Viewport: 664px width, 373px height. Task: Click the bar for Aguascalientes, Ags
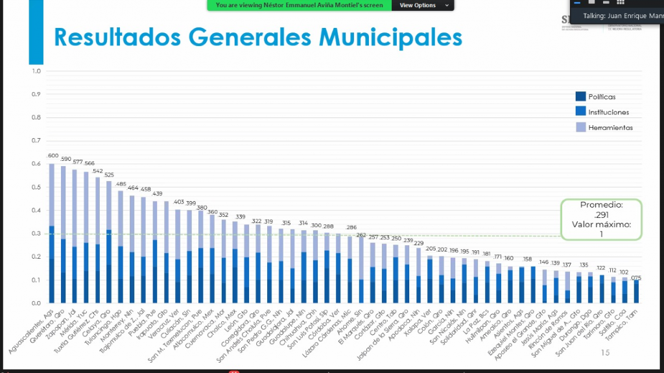coord(52,234)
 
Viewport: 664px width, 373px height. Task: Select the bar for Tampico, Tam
coord(636,291)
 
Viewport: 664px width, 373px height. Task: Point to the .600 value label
coord(53,156)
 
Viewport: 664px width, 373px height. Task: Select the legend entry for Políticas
coord(597,97)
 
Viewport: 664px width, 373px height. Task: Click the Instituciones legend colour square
coord(580,112)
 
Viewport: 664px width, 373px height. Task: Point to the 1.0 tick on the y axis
coord(36,71)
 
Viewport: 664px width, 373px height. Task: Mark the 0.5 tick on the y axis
coord(36,187)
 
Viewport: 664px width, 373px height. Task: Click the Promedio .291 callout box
coord(601,219)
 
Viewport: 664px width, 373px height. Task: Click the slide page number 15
coord(605,353)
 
